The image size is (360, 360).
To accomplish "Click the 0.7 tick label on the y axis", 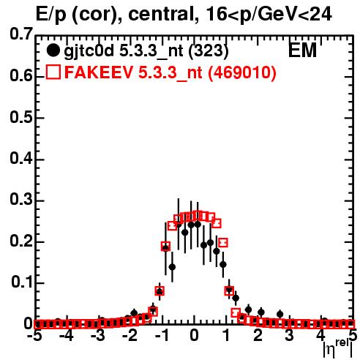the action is [21, 34].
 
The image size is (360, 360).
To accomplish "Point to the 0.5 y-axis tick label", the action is [21, 118].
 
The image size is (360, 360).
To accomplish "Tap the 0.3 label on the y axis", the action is [21, 200].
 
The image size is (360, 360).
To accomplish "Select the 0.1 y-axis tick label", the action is [22, 282].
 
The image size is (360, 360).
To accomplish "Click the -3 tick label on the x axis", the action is [97, 336].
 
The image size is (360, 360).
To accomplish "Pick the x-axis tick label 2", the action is [258, 336].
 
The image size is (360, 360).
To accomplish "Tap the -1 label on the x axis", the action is [162, 336].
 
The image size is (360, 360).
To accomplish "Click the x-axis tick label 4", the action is [321, 336].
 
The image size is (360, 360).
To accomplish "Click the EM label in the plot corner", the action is [302, 50].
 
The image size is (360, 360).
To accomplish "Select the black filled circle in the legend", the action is [53, 50].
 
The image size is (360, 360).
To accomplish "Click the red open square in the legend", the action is [53, 72].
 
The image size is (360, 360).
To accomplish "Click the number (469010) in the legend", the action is [242, 72].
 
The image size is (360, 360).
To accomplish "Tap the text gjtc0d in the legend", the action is [89, 51].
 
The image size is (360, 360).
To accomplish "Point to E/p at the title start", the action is [51, 15].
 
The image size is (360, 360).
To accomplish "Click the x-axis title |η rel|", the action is [338, 350].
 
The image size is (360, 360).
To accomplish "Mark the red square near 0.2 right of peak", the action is [223, 243].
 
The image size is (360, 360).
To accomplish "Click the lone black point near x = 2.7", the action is [280, 314].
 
